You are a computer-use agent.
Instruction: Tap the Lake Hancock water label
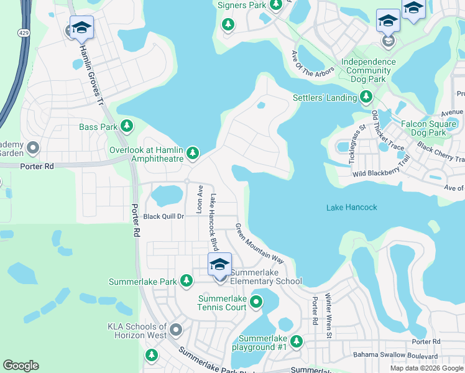coord(351,207)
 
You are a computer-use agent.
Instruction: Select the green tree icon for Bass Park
coord(127,127)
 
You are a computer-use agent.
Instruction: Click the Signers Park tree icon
coord(228,24)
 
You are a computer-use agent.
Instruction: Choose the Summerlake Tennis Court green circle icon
coord(256,303)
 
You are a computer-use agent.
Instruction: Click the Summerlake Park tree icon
coord(186,281)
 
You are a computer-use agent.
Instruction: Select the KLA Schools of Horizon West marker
coord(176,329)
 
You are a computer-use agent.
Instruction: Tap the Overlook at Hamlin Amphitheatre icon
coord(193,152)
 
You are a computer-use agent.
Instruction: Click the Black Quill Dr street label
coord(164,216)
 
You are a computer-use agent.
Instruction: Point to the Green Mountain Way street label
coord(259,243)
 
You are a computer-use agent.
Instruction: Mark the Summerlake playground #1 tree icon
coord(297,341)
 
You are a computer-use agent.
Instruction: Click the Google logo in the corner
coord(21,366)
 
